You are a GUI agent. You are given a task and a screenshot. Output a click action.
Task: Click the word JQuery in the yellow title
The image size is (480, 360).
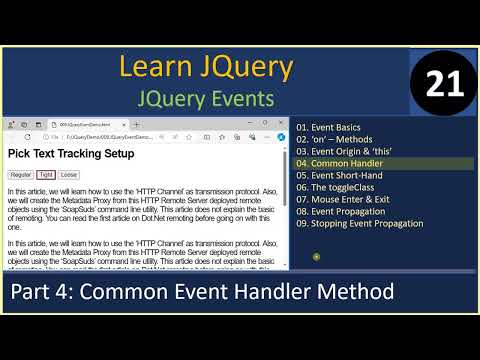point(246,68)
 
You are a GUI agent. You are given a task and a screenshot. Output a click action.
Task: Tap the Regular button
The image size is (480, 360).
point(20,174)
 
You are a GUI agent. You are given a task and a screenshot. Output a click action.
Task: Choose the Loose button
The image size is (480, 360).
point(69,174)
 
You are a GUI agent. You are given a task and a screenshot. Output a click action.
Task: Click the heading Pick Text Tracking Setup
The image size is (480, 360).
point(71,154)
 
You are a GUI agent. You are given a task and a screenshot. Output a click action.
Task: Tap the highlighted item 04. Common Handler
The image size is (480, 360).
point(340,163)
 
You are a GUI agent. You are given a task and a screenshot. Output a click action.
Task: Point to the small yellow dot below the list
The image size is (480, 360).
point(316,257)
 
